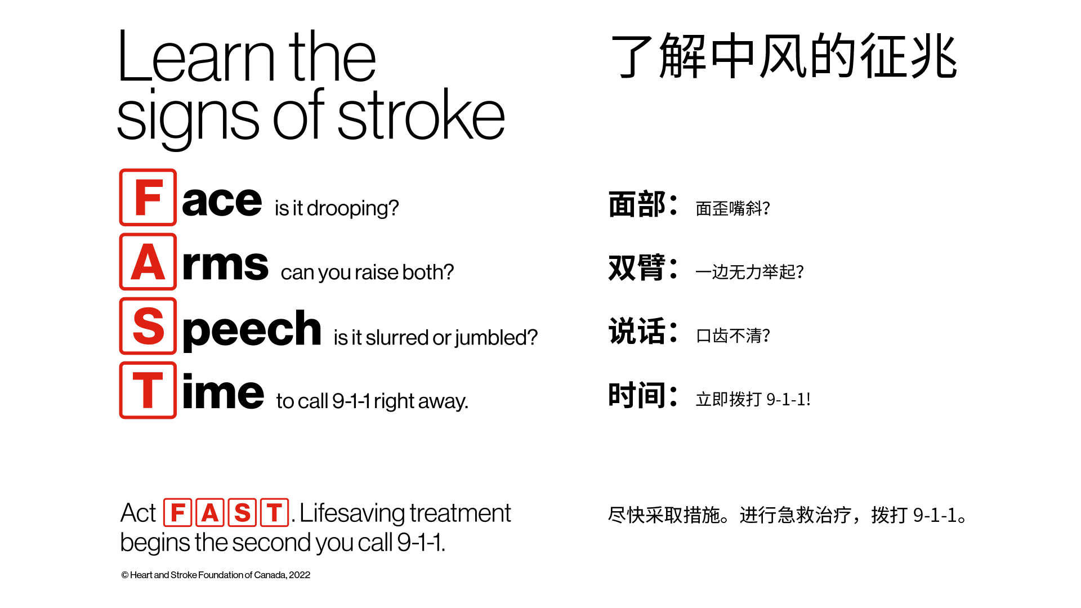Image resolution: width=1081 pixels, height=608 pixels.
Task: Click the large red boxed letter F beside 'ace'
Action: tap(148, 198)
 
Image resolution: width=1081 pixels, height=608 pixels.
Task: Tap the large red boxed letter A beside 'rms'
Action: tap(148, 262)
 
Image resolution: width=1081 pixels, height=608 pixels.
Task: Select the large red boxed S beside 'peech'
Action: tap(148, 326)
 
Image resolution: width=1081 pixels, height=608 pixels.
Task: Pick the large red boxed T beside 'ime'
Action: tap(148, 390)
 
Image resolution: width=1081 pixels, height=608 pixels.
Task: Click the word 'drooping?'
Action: tap(352, 209)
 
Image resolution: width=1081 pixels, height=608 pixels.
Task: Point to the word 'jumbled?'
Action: tap(496, 338)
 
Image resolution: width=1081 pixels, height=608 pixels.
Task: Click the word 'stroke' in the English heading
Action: tap(421, 116)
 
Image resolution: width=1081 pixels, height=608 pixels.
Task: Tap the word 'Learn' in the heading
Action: tap(196, 57)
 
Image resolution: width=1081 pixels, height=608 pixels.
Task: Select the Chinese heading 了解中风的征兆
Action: tap(784, 56)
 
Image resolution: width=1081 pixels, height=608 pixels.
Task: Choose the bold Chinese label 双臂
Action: tap(637, 267)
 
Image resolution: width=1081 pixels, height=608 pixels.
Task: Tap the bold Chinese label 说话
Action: tap(637, 331)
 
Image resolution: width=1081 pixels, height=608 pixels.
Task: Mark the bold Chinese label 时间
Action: tap(637, 395)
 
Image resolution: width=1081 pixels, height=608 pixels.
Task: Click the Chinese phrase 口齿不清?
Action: tap(733, 336)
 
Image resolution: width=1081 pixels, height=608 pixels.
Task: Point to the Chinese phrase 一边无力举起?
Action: tap(749, 272)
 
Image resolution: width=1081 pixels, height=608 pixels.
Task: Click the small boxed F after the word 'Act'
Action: tap(178, 512)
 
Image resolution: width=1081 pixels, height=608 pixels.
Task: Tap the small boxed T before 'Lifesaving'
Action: tap(275, 512)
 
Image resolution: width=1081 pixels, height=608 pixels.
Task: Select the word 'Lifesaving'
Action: tap(352, 513)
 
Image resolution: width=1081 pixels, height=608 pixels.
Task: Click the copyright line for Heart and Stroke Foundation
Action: tap(216, 575)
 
